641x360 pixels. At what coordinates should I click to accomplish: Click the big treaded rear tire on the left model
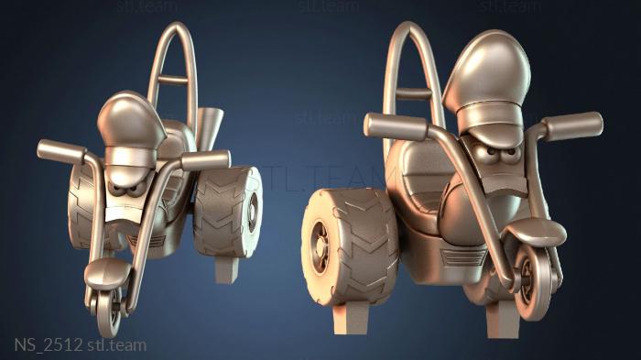click(227, 212)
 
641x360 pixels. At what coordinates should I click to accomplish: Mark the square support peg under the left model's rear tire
click(226, 270)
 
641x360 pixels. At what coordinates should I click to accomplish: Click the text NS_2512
click(49, 344)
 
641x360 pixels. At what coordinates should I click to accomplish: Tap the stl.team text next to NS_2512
click(117, 344)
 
